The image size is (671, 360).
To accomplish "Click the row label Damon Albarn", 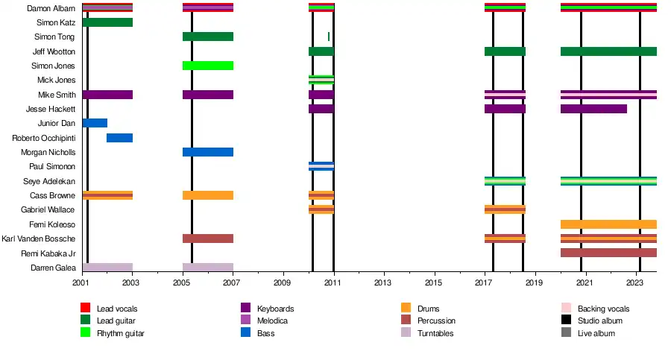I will pyautogui.click(x=51, y=8).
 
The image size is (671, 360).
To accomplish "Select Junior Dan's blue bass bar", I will pyautogui.click(x=95, y=123).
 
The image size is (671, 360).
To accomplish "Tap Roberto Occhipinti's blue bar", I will pyautogui.click(x=119, y=138).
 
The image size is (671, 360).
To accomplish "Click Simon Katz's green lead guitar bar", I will pyautogui.click(x=107, y=22).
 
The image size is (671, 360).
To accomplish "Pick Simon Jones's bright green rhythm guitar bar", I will pyautogui.click(x=208, y=66).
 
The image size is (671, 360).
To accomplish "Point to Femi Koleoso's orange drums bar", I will pyautogui.click(x=608, y=224).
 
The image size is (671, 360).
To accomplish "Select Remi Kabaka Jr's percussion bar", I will pyautogui.click(x=608, y=253).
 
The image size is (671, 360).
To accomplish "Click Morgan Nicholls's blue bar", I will pyautogui.click(x=208, y=152).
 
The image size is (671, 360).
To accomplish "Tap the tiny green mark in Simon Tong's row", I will pyautogui.click(x=329, y=37).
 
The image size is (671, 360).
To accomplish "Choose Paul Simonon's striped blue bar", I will pyautogui.click(x=321, y=166).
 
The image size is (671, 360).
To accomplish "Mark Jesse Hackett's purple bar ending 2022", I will pyautogui.click(x=593, y=109).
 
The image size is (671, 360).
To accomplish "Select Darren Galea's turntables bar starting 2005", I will pyautogui.click(x=208, y=268).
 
